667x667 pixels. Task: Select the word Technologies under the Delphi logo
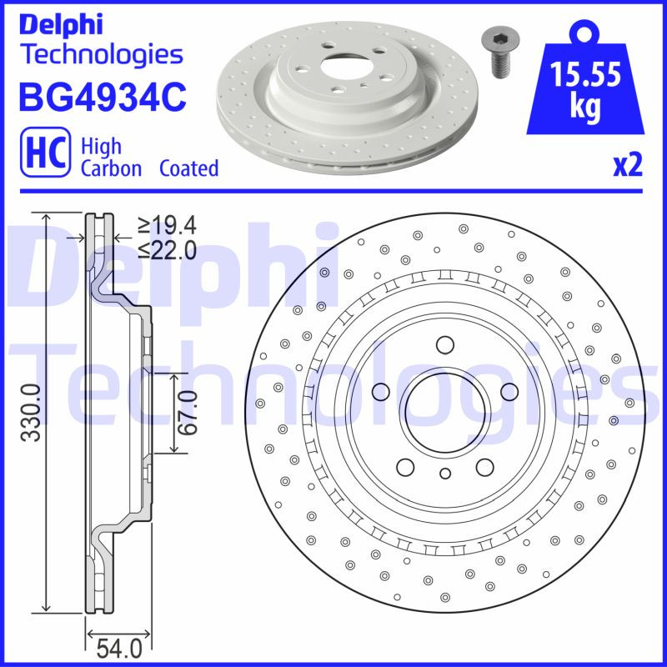tap(100, 55)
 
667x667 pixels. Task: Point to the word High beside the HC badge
tap(101, 146)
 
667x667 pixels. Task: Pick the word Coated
tap(189, 168)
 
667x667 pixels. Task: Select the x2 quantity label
tap(628, 167)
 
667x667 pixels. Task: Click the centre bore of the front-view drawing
tap(444, 409)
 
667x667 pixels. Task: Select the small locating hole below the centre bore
tap(444, 474)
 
